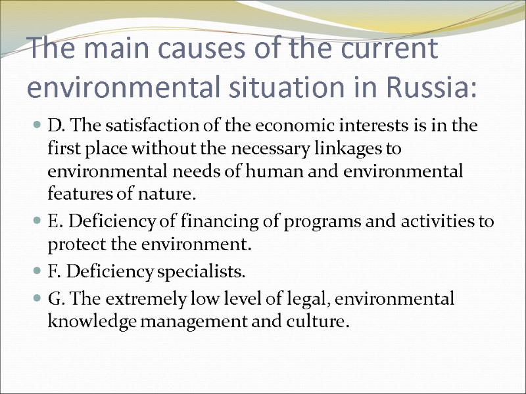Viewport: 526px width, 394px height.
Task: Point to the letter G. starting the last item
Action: [x=55, y=299]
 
